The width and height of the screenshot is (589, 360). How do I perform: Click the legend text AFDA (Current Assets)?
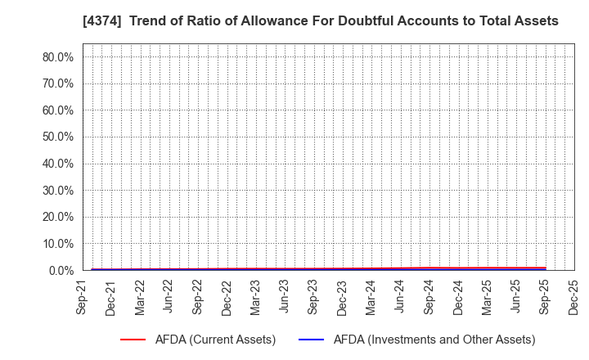214,340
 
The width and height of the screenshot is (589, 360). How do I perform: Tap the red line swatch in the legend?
133,340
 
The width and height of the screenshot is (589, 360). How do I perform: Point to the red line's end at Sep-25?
544,268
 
